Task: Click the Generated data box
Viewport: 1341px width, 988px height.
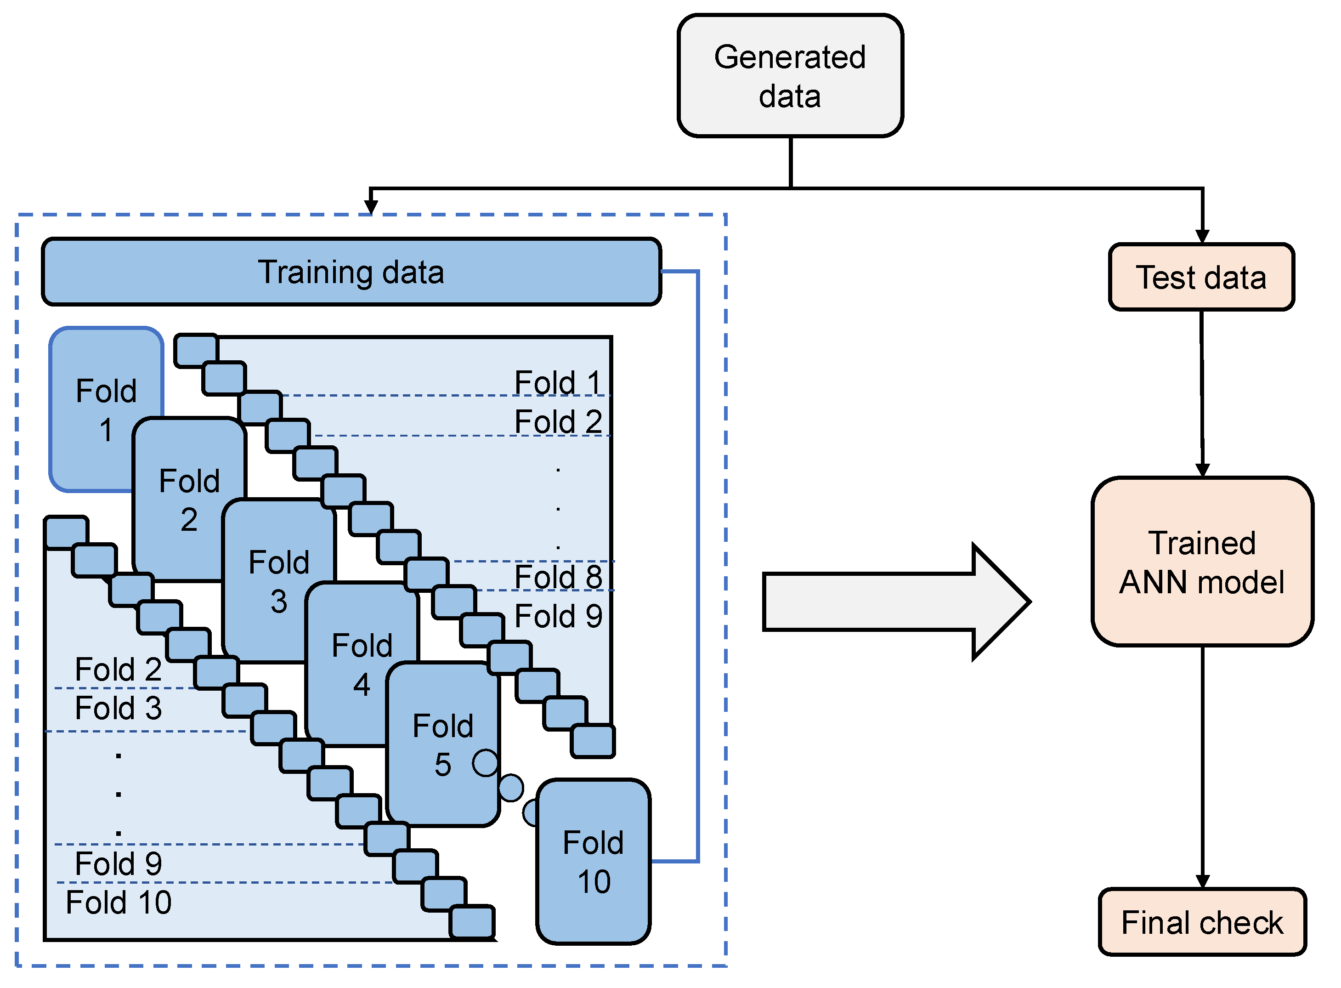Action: click(x=790, y=76)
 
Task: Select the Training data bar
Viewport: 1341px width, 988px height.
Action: click(x=351, y=272)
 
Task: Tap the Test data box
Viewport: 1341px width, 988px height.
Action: click(x=1201, y=278)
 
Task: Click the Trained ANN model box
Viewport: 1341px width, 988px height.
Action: click(x=1202, y=562)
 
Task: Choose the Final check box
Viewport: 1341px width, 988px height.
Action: click(x=1202, y=922)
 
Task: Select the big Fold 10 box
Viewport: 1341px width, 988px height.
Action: click(x=593, y=861)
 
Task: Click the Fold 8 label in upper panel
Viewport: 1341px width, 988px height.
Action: click(x=558, y=577)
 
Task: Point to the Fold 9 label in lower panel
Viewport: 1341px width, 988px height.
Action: click(x=119, y=863)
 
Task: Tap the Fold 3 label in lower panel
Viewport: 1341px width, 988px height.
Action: click(x=119, y=708)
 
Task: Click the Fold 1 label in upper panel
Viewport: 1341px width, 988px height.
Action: click(x=558, y=383)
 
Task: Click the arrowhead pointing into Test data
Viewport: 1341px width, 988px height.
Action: click(x=1202, y=236)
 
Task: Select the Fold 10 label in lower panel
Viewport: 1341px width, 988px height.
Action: click(x=119, y=903)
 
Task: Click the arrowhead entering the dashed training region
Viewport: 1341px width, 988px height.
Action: click(x=371, y=207)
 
